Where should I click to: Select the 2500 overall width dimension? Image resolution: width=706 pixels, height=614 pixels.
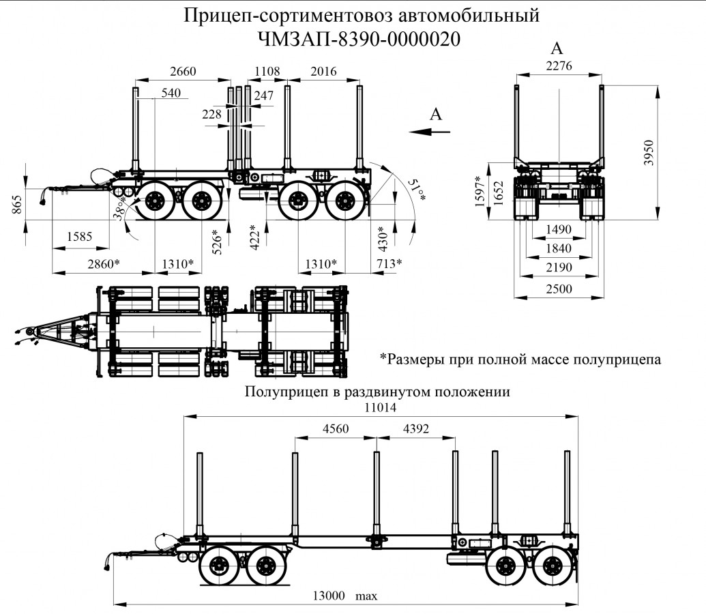point(558,289)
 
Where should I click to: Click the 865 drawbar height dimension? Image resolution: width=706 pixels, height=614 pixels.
point(17,203)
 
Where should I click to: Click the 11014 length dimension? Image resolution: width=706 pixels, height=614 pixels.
point(381,405)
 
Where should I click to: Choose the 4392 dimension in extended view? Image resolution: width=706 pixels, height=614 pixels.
point(416,429)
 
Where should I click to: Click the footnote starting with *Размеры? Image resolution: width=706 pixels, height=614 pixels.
point(520,359)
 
